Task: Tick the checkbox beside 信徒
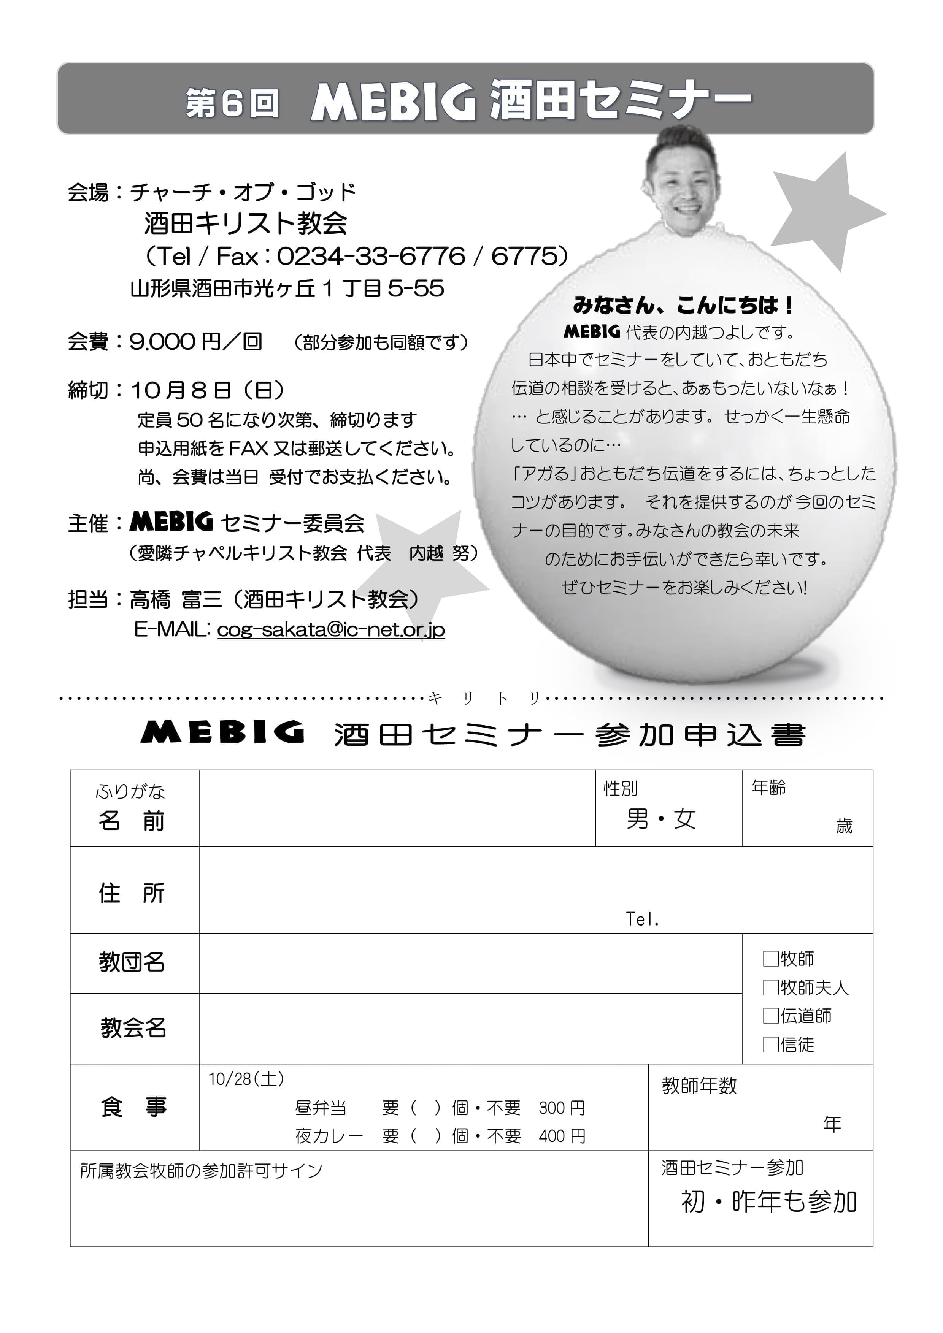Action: tap(770, 1045)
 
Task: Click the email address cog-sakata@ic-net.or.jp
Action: tap(330, 629)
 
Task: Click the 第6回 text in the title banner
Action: tap(232, 103)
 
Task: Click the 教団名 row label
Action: tap(132, 962)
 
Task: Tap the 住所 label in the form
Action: tap(132, 893)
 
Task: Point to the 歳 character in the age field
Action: tap(844, 826)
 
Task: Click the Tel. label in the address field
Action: tap(642, 919)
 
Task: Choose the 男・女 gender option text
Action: tap(661, 819)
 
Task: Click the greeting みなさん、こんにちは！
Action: tap(683, 305)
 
